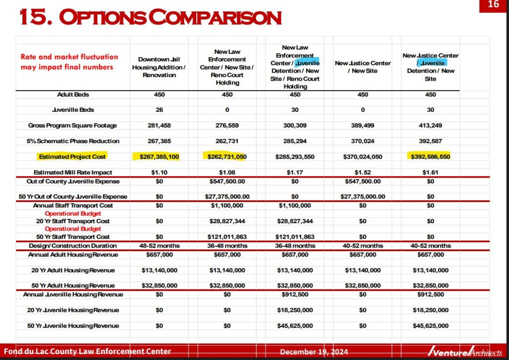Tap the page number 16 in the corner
tap(493, 5)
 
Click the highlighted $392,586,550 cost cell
tap(430, 157)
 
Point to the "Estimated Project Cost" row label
tap(73, 157)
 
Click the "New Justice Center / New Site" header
tap(363, 67)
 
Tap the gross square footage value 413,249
tap(430, 125)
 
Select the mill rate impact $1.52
tap(363, 173)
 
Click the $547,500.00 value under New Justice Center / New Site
tap(363, 181)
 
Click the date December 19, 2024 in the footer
tap(314, 352)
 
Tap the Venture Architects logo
tap(465, 352)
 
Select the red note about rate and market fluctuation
tap(70, 62)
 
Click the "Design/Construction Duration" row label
tap(73, 246)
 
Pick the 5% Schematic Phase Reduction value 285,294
tap(295, 141)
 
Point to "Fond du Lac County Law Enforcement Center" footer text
tap(87, 352)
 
